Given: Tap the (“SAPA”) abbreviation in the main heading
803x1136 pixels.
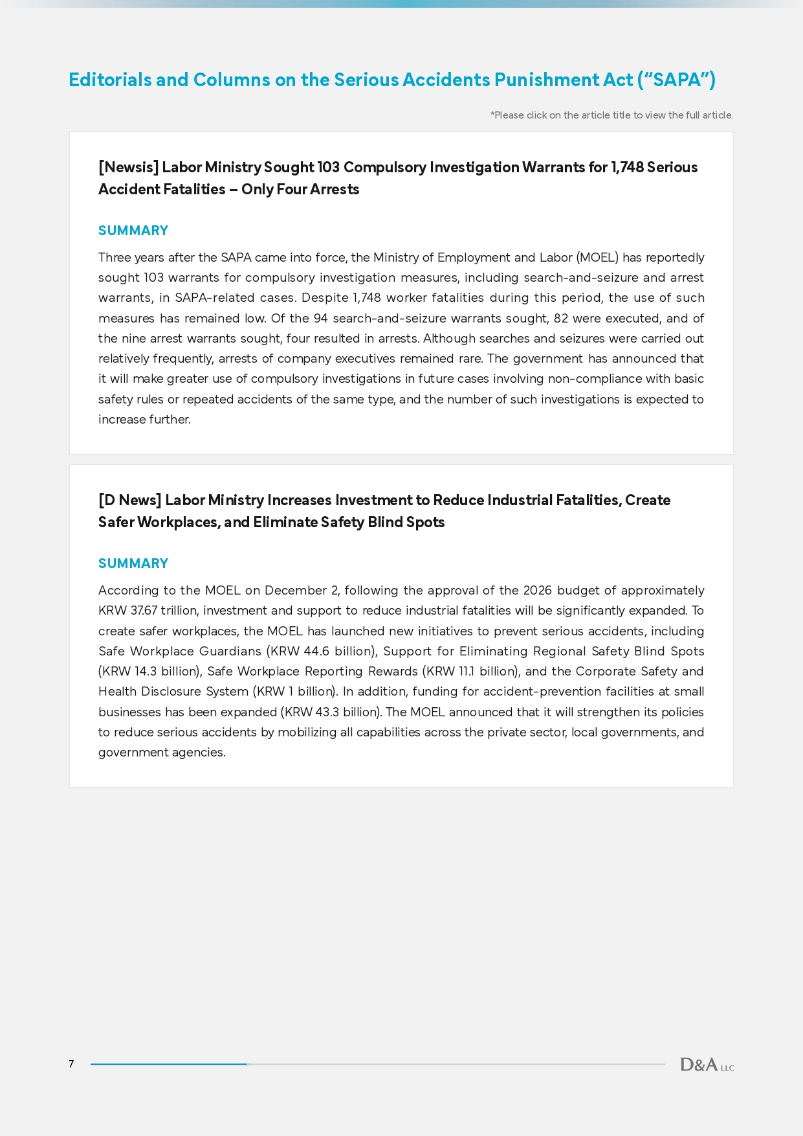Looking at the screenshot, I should click(676, 80).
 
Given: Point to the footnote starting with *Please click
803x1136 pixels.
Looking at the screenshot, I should click(611, 115).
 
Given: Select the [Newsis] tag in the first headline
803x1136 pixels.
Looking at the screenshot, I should click(128, 167).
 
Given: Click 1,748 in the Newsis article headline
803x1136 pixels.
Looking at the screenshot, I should click(627, 167).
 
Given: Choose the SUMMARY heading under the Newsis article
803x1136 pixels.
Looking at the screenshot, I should click(133, 231).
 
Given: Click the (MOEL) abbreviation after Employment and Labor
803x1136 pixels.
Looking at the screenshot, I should click(597, 258).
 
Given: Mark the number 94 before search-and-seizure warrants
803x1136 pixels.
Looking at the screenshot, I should click(320, 319).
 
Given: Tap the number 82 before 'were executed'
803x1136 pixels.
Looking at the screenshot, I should click(561, 319).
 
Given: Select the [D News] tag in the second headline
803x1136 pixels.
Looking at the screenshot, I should click(129, 500).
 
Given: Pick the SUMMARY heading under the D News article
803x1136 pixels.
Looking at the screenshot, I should click(133, 563).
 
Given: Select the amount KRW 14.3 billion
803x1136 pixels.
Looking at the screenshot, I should click(149, 672).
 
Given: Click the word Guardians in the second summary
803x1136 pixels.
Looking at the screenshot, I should click(230, 652).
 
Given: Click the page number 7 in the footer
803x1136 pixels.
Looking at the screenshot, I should click(71, 1064).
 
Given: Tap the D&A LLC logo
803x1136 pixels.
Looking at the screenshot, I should click(707, 1065).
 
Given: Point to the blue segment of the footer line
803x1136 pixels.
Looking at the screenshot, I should click(168, 1064).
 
